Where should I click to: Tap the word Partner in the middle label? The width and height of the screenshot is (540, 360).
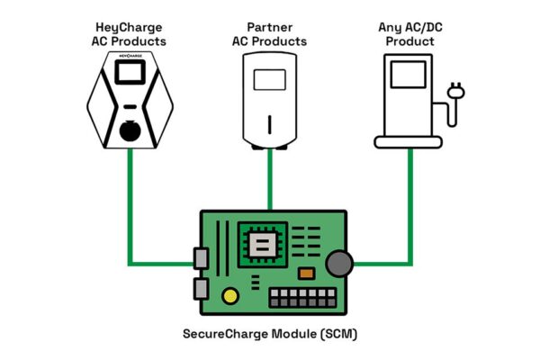point(270,26)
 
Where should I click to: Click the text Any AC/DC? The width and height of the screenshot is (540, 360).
point(410,26)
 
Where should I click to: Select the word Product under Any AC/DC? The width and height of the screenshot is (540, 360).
point(410,40)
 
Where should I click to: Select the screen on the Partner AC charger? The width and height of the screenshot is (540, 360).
point(269,79)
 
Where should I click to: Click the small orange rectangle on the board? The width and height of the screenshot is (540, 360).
point(305,272)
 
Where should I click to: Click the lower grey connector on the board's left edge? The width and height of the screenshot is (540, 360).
point(200,289)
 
